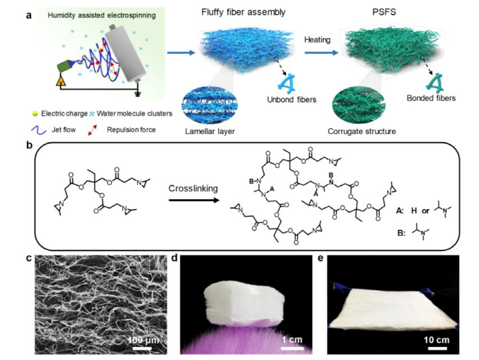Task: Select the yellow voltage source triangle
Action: [x=62, y=81]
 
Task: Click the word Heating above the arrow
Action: [x=317, y=40]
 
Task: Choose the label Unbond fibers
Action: [x=292, y=99]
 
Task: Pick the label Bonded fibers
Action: [x=431, y=98]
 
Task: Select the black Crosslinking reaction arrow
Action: [x=194, y=200]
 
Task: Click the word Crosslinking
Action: [x=193, y=189]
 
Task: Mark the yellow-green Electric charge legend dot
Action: [x=35, y=113]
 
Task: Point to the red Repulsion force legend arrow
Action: [x=92, y=130]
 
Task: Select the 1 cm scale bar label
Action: [x=292, y=339]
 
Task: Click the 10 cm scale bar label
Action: [x=436, y=339]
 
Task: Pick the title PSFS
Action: [x=384, y=12]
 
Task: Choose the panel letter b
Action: [x=29, y=145]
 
